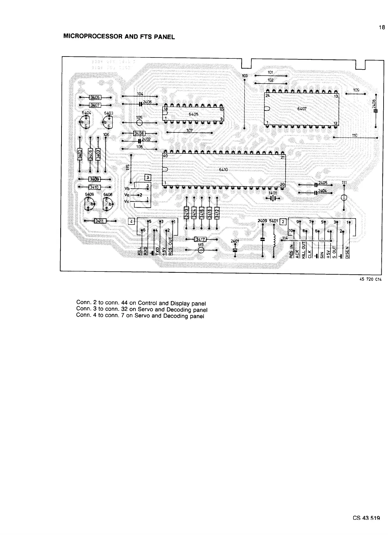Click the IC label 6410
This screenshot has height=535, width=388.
223,170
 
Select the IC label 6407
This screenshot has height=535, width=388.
302,109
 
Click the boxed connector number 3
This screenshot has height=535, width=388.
147,177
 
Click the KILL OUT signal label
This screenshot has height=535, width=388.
303,251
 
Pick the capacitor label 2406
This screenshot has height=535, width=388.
147,102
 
